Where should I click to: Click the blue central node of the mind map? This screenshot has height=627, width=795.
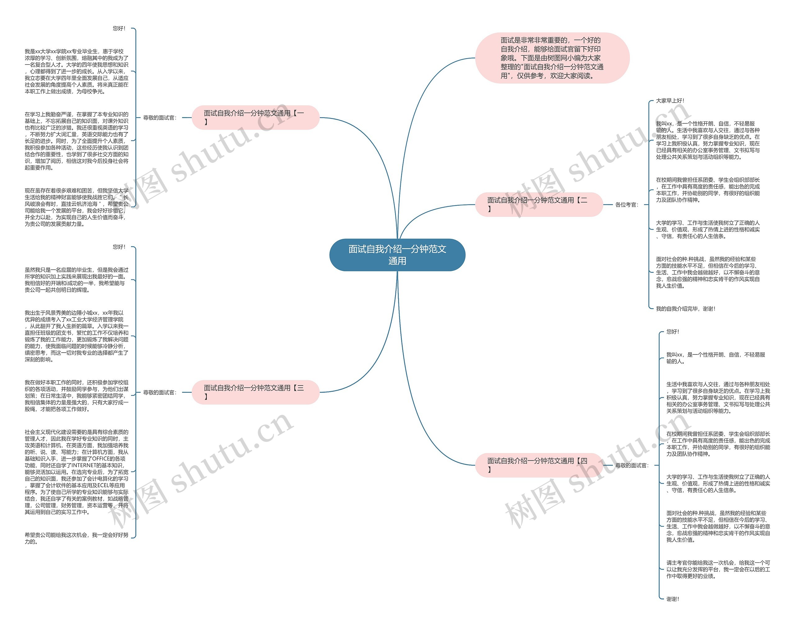click(397, 255)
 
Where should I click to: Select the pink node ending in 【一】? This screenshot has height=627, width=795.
click(255, 117)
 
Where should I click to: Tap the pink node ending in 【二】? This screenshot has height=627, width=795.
click(538, 204)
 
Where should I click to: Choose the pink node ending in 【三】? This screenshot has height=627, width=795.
click(255, 392)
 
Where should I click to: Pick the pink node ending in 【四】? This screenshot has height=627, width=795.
click(538, 465)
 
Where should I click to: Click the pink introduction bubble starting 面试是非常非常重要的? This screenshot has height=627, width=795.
click(552, 58)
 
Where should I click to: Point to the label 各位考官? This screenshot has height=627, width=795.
click(627, 205)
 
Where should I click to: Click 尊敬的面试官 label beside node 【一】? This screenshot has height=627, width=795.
click(160, 118)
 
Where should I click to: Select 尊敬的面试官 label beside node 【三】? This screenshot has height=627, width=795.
click(160, 392)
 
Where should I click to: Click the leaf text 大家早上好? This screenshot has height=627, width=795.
click(670, 101)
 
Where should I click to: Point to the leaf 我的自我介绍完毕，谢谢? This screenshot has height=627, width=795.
click(685, 309)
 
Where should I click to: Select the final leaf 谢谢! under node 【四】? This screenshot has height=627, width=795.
click(672, 599)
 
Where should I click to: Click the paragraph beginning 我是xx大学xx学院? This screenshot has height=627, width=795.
click(76, 71)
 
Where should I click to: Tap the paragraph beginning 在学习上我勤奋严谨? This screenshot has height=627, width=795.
click(76, 141)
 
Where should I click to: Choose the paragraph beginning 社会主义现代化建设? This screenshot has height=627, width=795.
click(76, 472)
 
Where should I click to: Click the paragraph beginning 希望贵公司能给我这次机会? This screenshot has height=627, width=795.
click(76, 538)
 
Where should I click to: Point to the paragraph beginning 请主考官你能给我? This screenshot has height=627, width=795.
click(718, 570)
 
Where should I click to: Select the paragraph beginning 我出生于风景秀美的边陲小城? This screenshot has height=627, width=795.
click(76, 336)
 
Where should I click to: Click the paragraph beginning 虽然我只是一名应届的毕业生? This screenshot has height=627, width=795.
click(76, 280)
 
